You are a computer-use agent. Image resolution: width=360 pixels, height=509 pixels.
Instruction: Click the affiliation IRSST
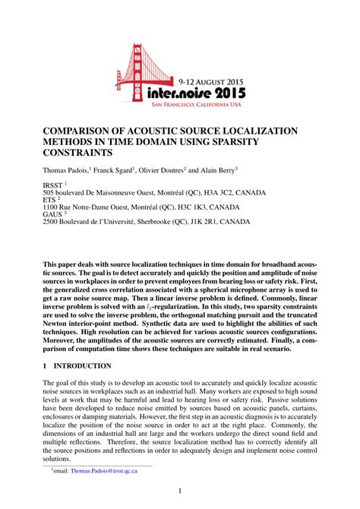pyautogui.click(x=54, y=185)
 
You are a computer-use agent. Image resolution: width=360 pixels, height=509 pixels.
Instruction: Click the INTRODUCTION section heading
pyautogui.click(x=84, y=365)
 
